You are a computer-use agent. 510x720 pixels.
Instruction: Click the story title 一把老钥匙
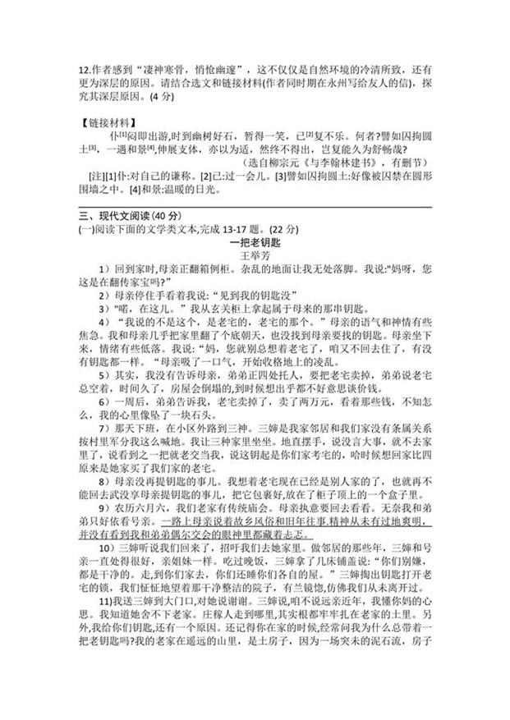click(254, 241)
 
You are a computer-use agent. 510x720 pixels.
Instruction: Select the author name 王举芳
click(254, 255)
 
